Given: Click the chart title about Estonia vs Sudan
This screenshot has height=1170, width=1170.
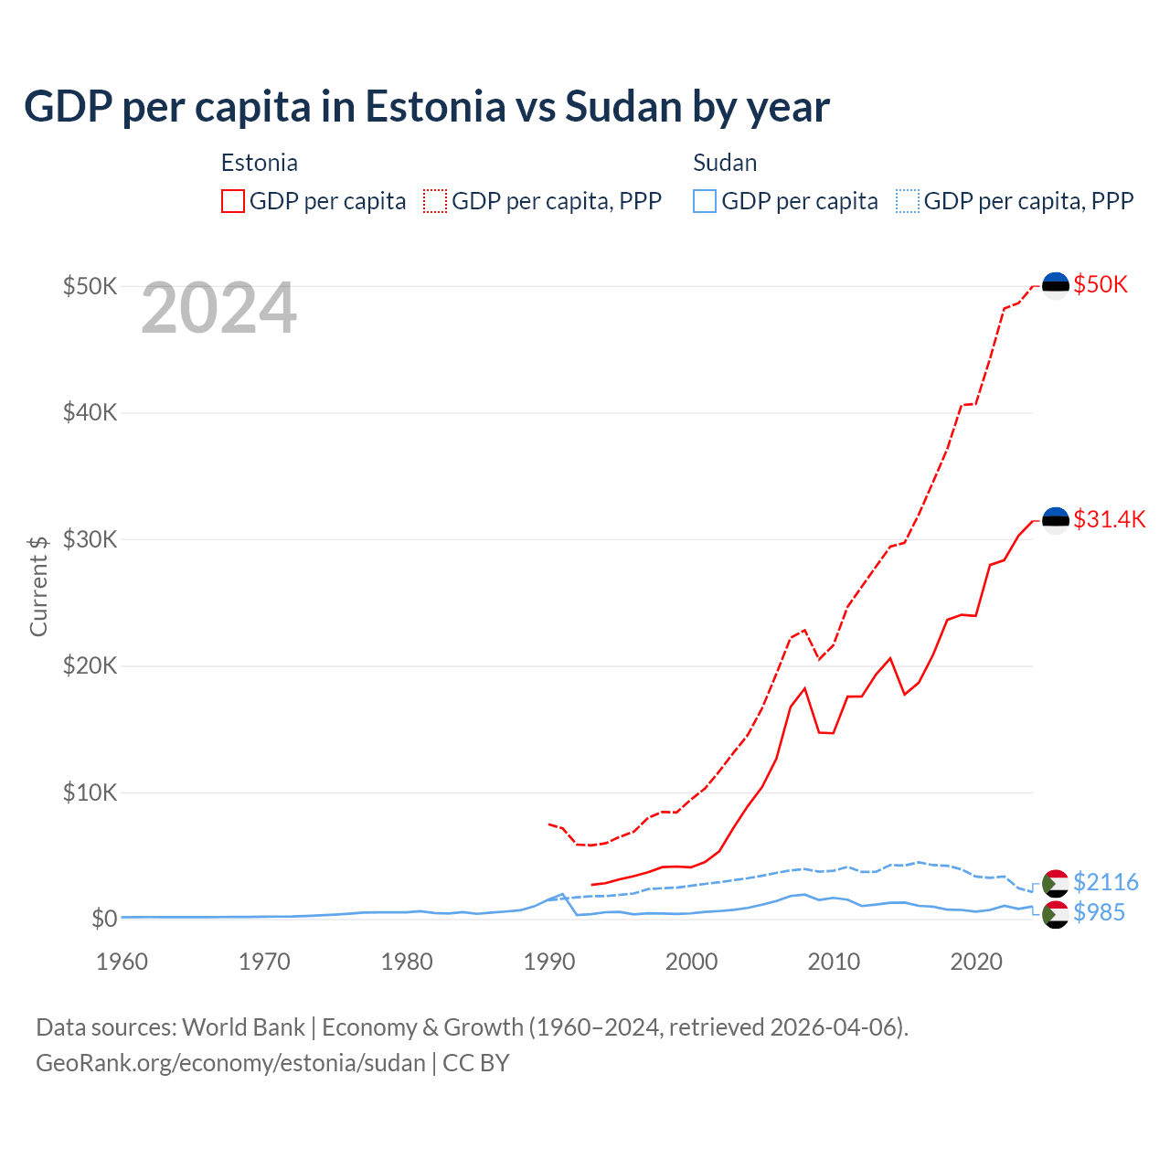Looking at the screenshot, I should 427,107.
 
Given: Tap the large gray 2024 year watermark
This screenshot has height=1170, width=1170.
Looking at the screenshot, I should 219,309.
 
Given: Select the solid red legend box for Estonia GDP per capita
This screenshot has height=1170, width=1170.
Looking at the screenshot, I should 233,201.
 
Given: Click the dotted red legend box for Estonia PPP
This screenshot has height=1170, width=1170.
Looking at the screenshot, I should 435,201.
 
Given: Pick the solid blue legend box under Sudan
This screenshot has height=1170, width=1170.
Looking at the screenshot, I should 705,201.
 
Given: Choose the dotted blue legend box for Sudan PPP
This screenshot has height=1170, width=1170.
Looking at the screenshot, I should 908,201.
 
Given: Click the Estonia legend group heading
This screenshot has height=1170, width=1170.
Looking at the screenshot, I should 260,163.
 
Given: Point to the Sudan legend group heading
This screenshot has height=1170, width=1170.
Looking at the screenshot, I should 725,163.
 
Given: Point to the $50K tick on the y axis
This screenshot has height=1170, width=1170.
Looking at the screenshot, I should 90,286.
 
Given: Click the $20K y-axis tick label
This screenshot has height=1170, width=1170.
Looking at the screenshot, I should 90,665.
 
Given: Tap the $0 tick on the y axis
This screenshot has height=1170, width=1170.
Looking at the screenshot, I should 104,918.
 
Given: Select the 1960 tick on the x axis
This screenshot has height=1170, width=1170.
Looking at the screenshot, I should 122,962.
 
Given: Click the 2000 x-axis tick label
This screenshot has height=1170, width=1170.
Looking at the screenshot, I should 691,962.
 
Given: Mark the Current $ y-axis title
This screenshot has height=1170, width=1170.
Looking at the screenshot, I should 38,586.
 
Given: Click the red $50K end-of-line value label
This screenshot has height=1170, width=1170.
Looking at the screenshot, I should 1101,285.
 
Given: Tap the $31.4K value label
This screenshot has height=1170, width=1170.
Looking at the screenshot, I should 1109,520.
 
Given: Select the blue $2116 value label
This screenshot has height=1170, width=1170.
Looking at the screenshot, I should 1106,882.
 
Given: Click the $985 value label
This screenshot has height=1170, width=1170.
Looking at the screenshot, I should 1100,912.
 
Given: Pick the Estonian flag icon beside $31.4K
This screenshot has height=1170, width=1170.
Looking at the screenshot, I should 1056,521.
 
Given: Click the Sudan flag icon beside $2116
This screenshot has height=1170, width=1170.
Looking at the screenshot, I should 1056,883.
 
